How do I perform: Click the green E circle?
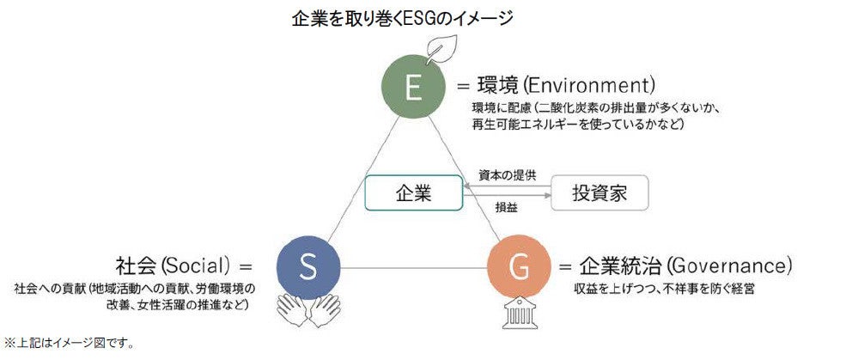(x=414, y=88)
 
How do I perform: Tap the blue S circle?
(x=309, y=267)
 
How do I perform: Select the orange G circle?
(x=519, y=267)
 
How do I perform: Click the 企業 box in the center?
(x=413, y=192)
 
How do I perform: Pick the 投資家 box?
(x=599, y=192)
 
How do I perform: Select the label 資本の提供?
(x=507, y=174)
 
